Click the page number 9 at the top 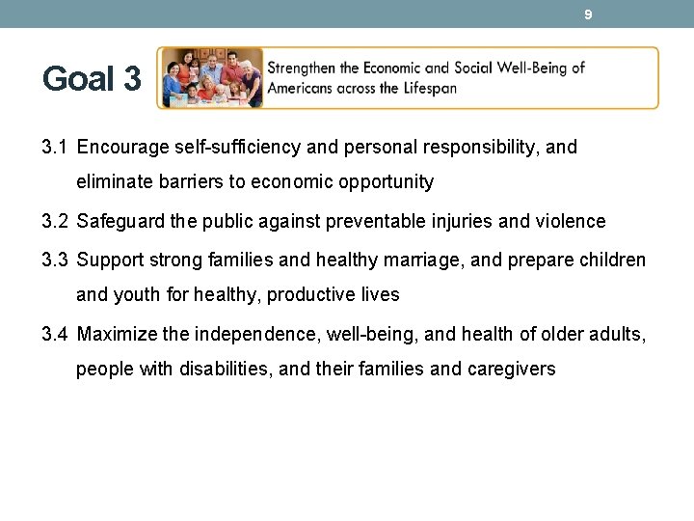pyautogui.click(x=587, y=14)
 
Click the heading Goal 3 pyautogui.click(x=92, y=79)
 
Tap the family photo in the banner pyautogui.click(x=210, y=77)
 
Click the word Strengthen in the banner pyautogui.click(x=306, y=69)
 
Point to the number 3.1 pyautogui.click(x=55, y=148)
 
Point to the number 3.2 pyautogui.click(x=55, y=221)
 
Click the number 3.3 pyautogui.click(x=55, y=260)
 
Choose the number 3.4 pyautogui.click(x=55, y=335)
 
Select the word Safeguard pyautogui.click(x=119, y=221)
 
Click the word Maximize pyautogui.click(x=117, y=335)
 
